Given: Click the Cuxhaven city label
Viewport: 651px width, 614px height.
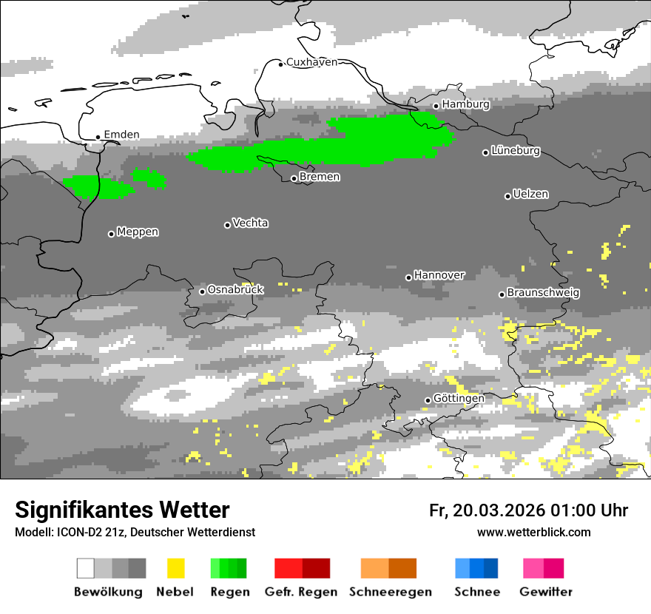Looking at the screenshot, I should [311, 62].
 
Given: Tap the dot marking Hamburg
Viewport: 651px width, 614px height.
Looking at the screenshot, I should [436, 106].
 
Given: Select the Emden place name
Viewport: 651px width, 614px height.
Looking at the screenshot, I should [121, 135].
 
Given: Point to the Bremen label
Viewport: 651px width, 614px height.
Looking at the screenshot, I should [320, 177].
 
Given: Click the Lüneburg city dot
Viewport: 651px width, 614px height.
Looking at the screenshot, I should [486, 152].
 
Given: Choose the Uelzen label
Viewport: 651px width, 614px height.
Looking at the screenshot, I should [530, 194].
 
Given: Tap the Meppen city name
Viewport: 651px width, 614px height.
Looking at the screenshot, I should [138, 232].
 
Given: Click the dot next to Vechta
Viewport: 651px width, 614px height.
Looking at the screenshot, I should [227, 225].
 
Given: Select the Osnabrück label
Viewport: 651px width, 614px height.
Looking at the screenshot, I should [235, 289].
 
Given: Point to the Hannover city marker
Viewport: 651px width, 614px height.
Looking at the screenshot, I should [408, 277].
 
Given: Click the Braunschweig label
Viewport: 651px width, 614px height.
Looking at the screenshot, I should [543, 292].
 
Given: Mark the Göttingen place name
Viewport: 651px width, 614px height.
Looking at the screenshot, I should [459, 398].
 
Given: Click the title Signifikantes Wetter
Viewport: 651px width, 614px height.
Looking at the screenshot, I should [122, 510].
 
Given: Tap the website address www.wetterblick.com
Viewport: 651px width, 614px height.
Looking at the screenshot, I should [533, 532].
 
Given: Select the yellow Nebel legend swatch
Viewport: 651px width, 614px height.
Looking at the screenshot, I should [175, 568].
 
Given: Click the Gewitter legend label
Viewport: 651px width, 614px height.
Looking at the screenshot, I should [545, 592].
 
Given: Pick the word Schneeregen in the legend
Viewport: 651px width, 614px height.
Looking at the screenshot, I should [391, 592].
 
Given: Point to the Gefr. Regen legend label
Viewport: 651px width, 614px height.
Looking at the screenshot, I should [301, 592].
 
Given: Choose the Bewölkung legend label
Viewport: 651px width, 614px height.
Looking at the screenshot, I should [108, 592].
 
